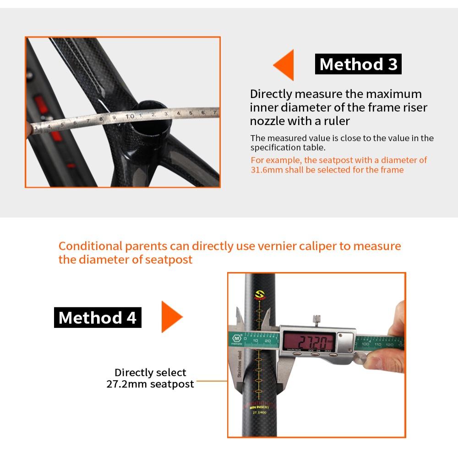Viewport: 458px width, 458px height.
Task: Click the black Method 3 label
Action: pos(358,65)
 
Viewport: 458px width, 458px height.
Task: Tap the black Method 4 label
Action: pos(98,317)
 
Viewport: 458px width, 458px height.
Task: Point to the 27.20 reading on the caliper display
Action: pos(308,341)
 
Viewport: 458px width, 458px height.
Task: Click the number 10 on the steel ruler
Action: pos(130,116)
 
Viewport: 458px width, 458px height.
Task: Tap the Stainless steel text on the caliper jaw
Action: pos(239,362)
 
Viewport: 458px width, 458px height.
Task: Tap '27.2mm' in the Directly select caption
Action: pos(125,384)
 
